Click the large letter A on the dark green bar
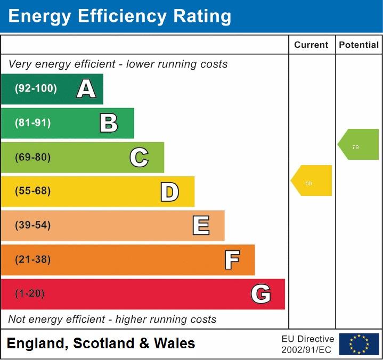86,89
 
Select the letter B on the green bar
109,123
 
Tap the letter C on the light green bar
139,157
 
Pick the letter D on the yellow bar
169,192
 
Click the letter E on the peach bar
200,226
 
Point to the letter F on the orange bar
231,260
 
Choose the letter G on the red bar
260,294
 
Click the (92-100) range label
36,89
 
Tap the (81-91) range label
33,123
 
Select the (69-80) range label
33,157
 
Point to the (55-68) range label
33,191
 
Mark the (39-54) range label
33,225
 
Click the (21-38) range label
33,259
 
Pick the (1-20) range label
30,293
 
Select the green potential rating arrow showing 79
358,144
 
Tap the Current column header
311,45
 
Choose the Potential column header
359,45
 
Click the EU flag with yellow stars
359,344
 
